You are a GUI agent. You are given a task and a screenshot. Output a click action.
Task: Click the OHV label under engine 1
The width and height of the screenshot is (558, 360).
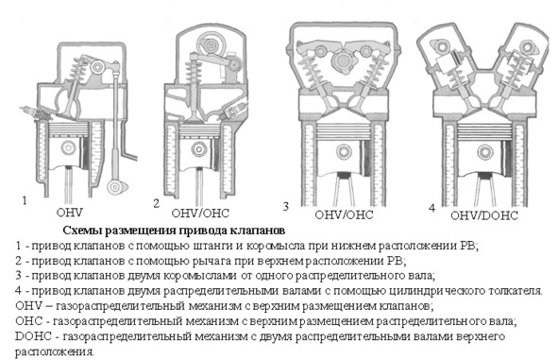69,213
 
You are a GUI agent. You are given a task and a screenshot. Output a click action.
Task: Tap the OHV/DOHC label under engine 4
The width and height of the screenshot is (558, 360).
484,215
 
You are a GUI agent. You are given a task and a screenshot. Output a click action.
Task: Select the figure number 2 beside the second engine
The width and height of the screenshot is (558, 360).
156,203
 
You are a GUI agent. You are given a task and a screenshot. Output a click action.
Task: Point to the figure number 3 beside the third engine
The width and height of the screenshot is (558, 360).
285,206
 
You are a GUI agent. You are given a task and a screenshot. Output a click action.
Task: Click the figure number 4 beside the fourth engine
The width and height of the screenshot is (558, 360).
431,208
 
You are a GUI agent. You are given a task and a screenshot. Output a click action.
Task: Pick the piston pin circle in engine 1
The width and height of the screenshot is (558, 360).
68,147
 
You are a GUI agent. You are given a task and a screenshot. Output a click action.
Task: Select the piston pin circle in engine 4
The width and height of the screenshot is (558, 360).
484,152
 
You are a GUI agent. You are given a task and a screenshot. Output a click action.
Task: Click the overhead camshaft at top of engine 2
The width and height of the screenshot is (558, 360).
211,46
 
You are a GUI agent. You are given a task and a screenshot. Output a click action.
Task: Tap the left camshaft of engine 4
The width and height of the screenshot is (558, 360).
442,47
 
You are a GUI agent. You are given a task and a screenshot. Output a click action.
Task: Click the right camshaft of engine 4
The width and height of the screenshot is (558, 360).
526,47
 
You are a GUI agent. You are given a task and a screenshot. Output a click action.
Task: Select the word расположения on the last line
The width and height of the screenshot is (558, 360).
55,352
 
